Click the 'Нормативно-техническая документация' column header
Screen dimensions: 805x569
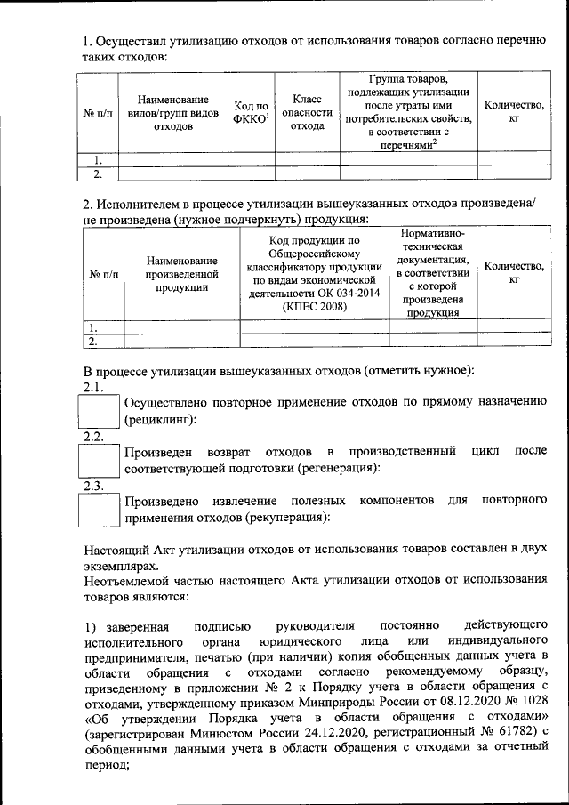pos(432,272)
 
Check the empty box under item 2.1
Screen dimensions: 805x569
pos(99,412)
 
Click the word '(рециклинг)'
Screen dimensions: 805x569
pos(161,419)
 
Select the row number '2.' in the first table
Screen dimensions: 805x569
pos(101,173)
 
